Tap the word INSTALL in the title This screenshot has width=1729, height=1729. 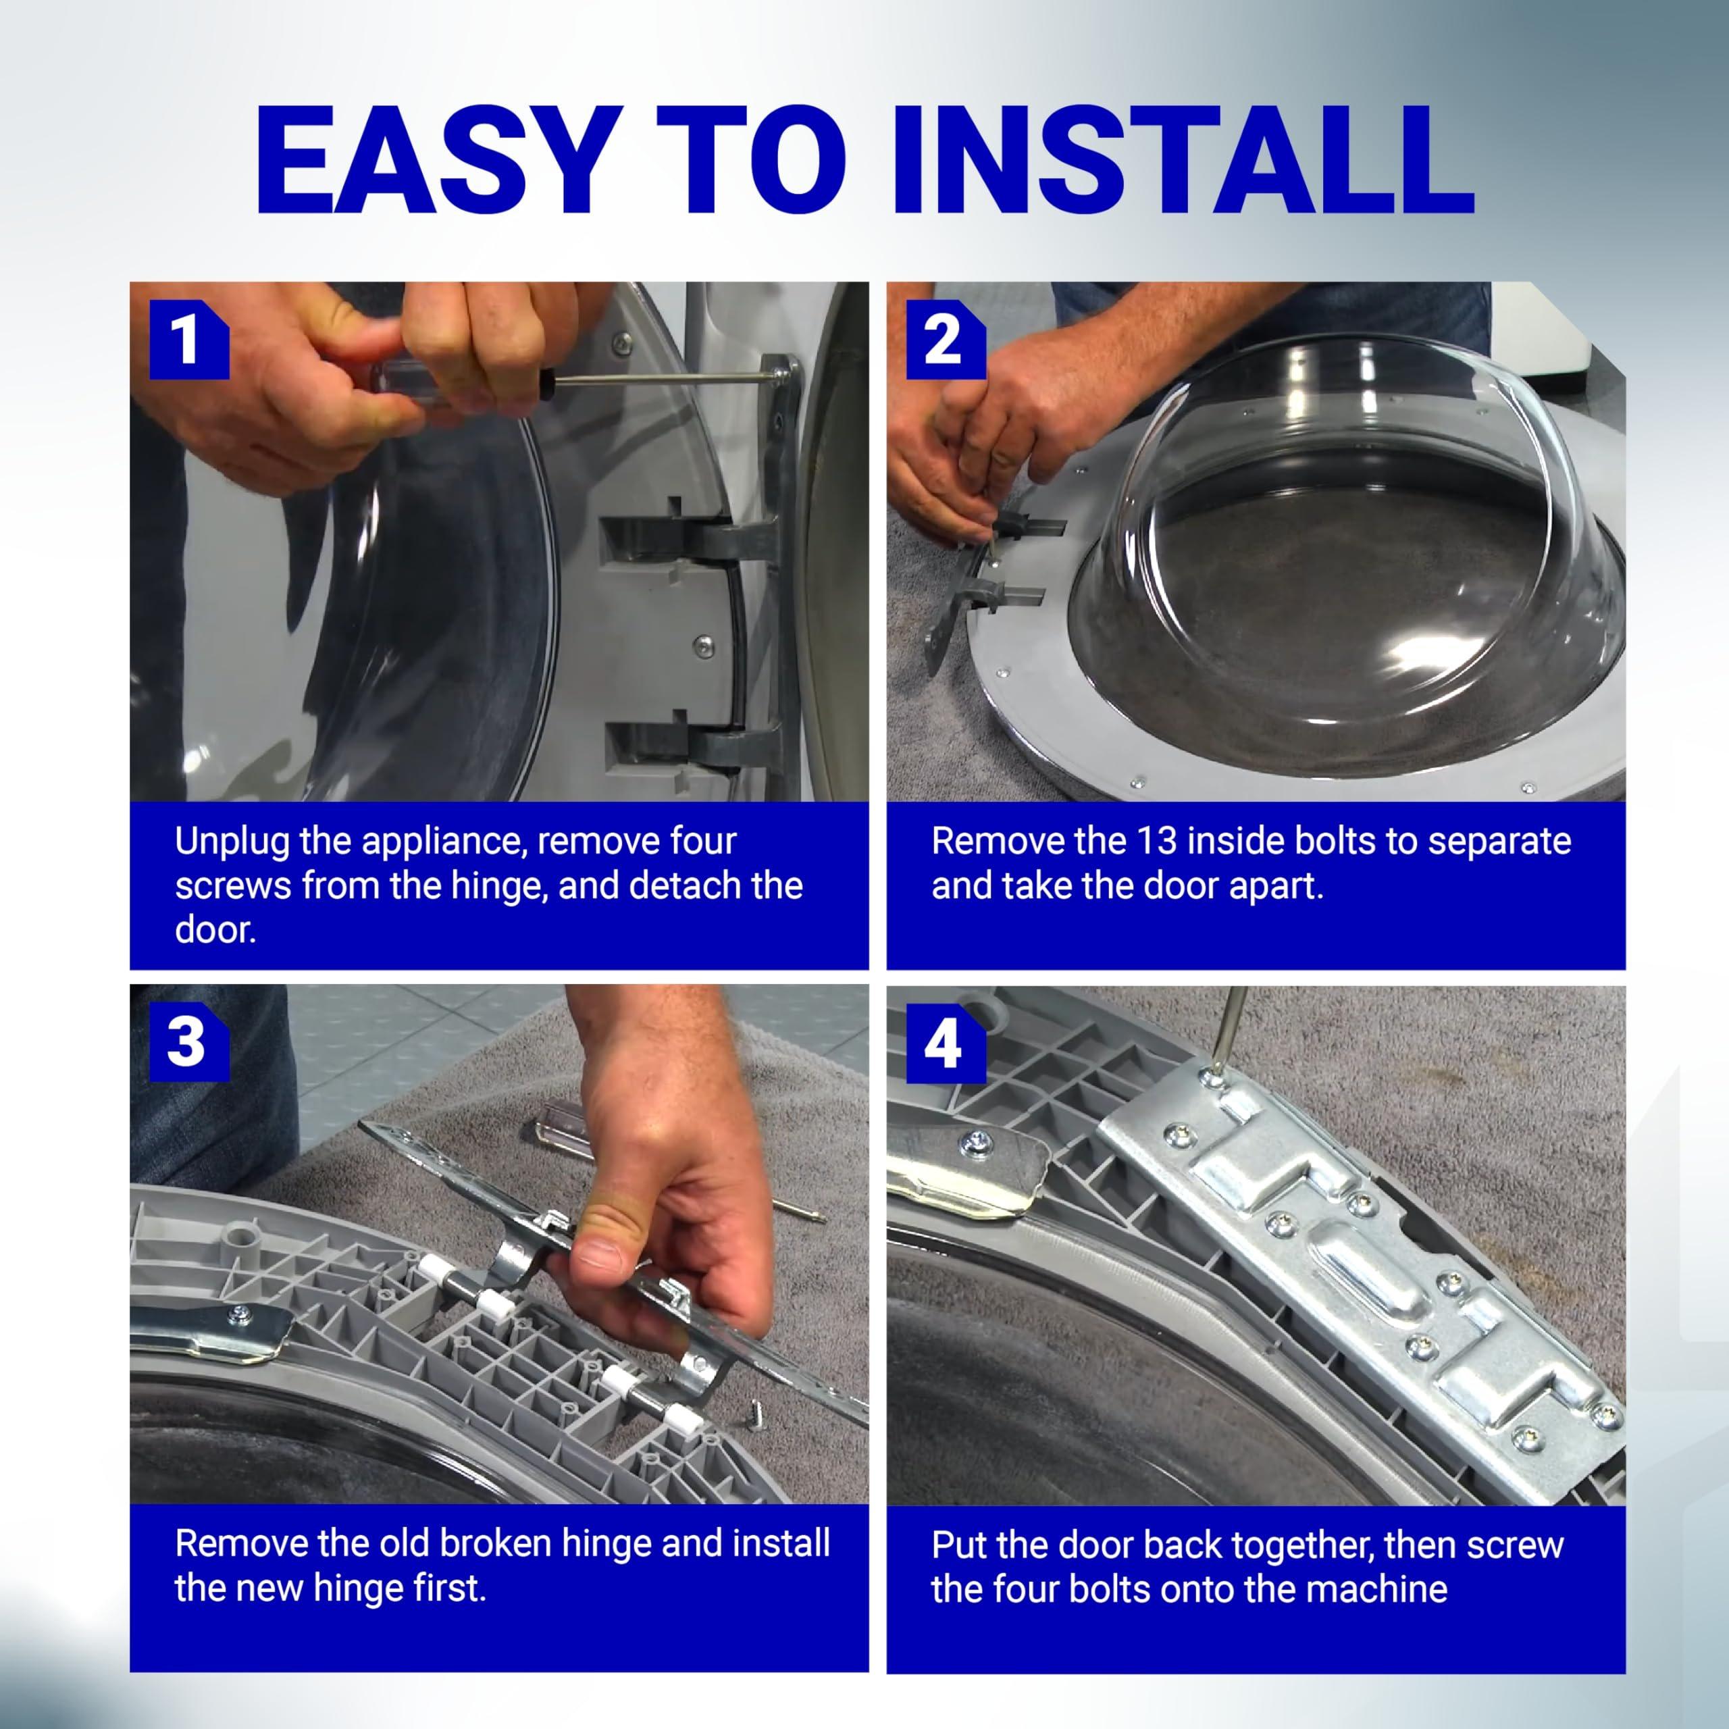(1181, 161)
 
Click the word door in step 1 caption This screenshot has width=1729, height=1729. (215, 931)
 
